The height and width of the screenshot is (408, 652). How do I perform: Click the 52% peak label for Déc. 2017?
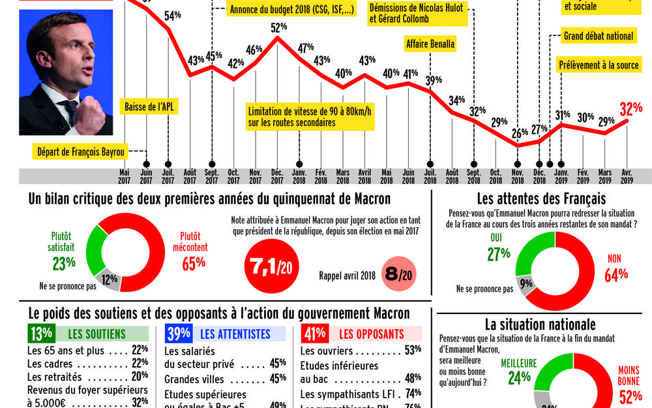point(279,27)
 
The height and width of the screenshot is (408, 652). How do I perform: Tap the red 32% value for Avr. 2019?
point(631,108)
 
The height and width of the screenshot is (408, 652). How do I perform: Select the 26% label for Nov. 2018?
point(520,134)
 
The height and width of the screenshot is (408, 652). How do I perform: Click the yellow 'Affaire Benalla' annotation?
point(430,44)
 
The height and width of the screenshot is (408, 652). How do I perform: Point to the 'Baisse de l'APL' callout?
point(151,107)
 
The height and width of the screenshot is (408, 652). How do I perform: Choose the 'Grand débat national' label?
point(599,37)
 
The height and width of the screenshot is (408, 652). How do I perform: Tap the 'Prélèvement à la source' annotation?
point(599,66)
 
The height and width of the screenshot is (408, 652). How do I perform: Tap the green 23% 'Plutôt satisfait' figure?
point(64,262)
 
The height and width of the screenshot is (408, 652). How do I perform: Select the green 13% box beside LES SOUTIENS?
point(40,334)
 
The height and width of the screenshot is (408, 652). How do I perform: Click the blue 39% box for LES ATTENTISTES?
point(179,334)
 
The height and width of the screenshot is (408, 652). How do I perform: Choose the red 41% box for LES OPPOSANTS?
point(315,334)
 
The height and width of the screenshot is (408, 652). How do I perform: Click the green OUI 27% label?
point(498,254)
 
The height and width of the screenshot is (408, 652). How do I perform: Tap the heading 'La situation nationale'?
point(540,324)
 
